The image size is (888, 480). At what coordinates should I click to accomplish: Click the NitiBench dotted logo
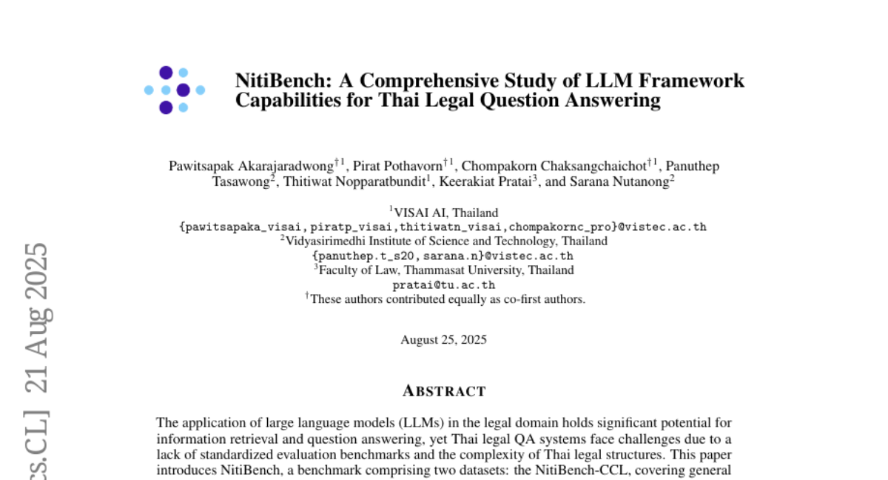175,90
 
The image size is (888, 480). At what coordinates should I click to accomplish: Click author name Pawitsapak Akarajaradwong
251,167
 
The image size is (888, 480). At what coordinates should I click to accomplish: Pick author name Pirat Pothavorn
400,167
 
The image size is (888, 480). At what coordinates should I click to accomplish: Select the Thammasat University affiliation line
445,270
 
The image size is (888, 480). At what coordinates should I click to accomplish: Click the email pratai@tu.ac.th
444,285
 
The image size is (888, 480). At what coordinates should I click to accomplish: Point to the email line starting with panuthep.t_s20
443,256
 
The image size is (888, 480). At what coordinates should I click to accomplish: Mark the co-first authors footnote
447,299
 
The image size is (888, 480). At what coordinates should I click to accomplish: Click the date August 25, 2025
444,340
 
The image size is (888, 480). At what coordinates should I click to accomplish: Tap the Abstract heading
444,391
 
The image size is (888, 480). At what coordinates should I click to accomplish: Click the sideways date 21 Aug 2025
36,319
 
